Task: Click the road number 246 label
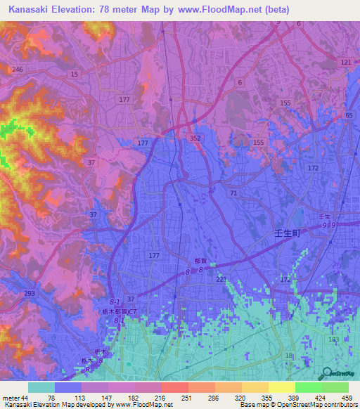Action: (x=18, y=69)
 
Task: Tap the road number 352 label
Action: (x=196, y=140)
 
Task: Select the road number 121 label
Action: (x=345, y=63)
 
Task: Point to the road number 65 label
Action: (x=349, y=115)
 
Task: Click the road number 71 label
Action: (x=233, y=192)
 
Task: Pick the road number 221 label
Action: (x=222, y=280)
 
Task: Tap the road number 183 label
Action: (x=333, y=339)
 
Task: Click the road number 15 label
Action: (x=74, y=74)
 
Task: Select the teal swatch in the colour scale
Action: (x=41, y=387)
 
